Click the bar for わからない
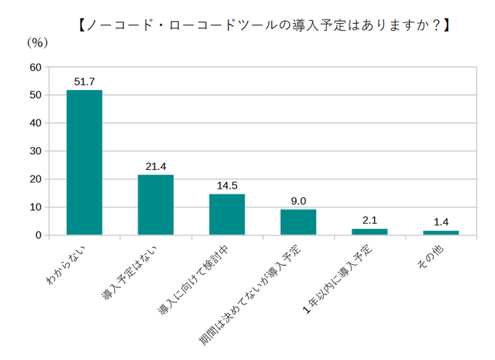tap(84, 162)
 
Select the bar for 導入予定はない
tap(156, 204)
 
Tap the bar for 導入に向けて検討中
tap(227, 214)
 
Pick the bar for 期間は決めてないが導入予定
tap(298, 222)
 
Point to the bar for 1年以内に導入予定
tap(370, 231)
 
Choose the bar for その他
tap(441, 233)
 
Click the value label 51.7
tap(84, 81)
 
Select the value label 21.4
tap(156, 166)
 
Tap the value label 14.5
tap(227, 186)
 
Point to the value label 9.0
tap(298, 201)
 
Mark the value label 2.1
tap(370, 220)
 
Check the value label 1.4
tap(441, 222)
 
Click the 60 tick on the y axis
tap(35, 67)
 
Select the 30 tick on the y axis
tap(35, 151)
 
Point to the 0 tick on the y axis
tap(39, 235)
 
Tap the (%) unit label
tap(37, 42)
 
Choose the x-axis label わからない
tap(70, 266)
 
